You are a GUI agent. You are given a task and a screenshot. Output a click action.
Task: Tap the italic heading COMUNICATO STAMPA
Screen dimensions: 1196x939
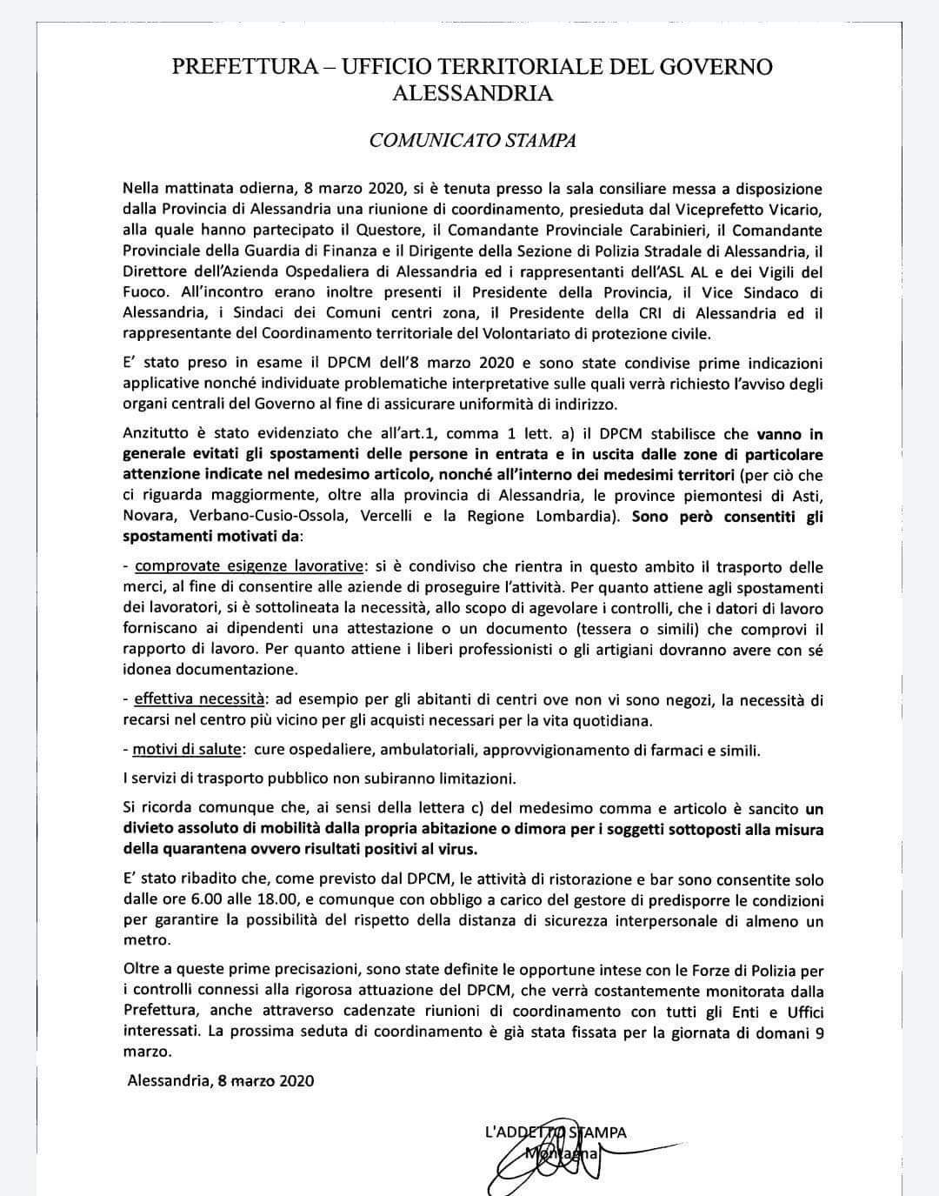472,140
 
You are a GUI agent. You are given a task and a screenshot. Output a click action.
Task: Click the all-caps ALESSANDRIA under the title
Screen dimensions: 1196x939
472,93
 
